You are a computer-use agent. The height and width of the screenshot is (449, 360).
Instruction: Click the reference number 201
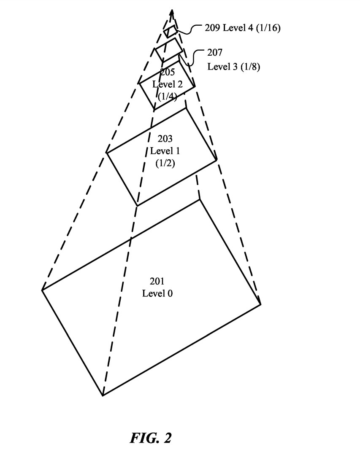157,281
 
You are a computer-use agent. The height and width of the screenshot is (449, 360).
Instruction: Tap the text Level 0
157,293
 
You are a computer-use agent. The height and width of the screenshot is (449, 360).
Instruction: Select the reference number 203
165,139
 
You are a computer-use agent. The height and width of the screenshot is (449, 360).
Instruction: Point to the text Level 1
165,151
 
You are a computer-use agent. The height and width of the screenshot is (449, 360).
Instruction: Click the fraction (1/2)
165,163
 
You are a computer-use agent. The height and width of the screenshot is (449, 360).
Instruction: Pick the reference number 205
168,72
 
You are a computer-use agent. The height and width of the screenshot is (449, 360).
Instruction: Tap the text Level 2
168,84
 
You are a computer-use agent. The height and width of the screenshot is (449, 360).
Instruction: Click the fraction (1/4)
168,96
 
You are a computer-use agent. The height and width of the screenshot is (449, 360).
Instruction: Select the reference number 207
215,52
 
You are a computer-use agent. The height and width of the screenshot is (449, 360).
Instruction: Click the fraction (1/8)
250,67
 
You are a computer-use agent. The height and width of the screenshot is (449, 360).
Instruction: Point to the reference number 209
212,28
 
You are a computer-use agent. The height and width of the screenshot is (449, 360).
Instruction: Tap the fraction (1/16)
268,28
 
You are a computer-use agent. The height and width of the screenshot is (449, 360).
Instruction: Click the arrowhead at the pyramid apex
172,13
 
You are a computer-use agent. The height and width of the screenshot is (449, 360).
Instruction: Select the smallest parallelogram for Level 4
171,32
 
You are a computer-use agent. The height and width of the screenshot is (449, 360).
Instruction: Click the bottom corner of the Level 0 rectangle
103,395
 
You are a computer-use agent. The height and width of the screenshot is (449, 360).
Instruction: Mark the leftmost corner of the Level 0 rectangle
42,290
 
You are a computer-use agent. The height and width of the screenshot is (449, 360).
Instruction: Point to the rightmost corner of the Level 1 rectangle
217,160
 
